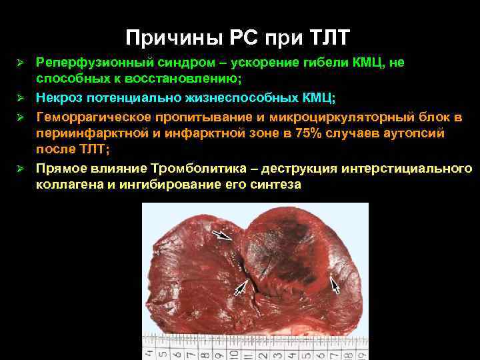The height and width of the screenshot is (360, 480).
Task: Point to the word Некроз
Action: pyautogui.click(x=59, y=98)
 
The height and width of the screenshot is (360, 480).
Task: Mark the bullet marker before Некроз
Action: pyautogui.click(x=21, y=99)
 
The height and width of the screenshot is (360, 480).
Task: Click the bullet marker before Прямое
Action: pyautogui.click(x=21, y=169)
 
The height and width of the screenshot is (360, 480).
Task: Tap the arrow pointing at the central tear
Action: pyautogui.click(x=243, y=287)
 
